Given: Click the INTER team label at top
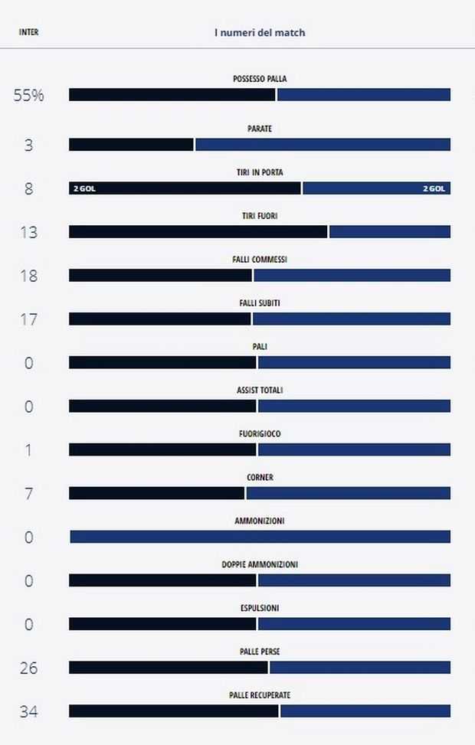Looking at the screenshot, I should click(28, 32).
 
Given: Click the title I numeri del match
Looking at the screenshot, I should click(259, 33).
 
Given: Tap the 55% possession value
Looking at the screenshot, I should click(28, 96).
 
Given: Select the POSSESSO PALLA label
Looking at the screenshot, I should click(260, 79).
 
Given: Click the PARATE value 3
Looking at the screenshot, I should click(28, 145).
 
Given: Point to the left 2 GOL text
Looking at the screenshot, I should click(84, 188).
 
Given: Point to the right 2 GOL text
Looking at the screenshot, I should click(434, 188).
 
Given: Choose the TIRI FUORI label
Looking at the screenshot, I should click(260, 216).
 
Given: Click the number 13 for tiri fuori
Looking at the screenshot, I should click(28, 232).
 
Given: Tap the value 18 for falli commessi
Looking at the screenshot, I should click(28, 276).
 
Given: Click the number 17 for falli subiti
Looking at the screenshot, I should click(28, 319).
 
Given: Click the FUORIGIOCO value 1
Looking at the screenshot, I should click(28, 450).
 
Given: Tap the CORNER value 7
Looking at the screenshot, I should click(28, 494).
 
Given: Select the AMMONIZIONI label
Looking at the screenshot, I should click(260, 521).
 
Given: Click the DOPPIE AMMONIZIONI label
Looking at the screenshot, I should click(260, 564).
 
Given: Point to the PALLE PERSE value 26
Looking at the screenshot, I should click(28, 668).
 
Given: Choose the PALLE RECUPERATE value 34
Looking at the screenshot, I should click(28, 712).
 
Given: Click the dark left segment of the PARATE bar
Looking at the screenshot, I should click(131, 145).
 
